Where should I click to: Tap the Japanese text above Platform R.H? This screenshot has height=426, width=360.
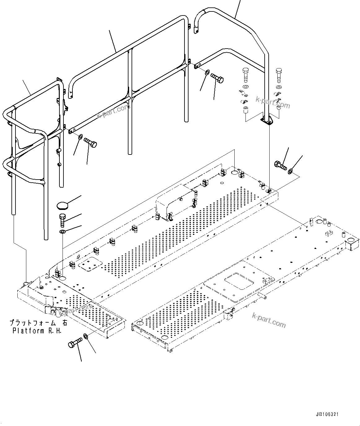(x=37, y=323)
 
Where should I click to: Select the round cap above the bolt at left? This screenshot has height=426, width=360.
(x=62, y=205)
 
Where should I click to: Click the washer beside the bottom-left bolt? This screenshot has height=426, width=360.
(x=86, y=336)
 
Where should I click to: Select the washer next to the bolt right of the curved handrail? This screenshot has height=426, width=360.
(x=291, y=171)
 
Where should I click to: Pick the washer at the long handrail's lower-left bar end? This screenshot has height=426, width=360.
(x=80, y=137)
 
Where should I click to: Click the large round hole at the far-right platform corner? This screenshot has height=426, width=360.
(x=350, y=241)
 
